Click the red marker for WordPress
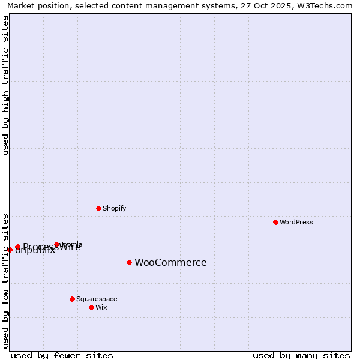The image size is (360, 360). [275, 222]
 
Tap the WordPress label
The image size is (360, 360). [296, 222]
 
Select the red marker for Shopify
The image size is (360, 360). [98, 208]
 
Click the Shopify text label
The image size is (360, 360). [114, 208]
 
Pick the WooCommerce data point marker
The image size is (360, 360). [129, 262]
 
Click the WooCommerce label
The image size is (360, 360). [170, 262]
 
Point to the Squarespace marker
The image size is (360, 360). [72, 299]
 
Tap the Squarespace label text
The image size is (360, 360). [97, 299]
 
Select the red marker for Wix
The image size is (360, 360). [91, 307]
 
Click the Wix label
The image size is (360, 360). [101, 307]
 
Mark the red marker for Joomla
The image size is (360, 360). [56, 244]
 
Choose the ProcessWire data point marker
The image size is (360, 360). [17, 247]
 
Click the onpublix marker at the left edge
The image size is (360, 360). [10, 250]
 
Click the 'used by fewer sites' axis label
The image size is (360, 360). [62, 355]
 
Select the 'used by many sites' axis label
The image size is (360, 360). [301, 355]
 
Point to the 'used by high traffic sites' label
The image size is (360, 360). [6, 85]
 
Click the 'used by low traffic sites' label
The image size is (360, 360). [6, 280]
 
